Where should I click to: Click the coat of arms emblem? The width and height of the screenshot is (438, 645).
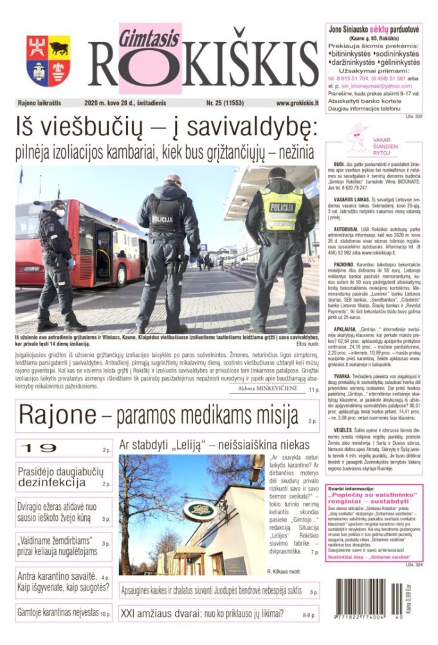(48, 61)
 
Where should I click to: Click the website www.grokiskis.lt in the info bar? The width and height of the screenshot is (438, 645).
(297, 103)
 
